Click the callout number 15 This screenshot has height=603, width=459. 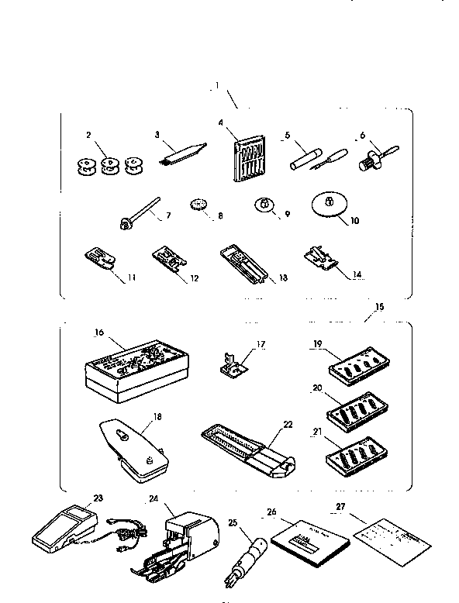point(378,307)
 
